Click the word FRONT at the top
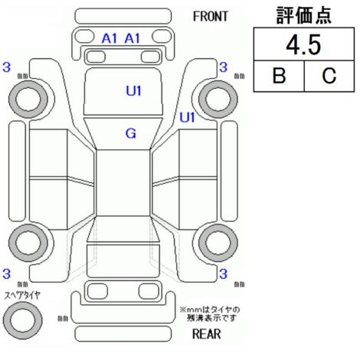(x=210, y=17)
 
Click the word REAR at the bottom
(x=207, y=334)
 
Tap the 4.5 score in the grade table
(x=303, y=45)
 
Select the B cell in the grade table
(x=279, y=75)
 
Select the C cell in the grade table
(x=329, y=75)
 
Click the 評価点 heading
(x=304, y=15)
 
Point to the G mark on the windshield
(x=131, y=133)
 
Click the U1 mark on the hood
(x=133, y=91)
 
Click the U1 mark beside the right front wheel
(x=187, y=117)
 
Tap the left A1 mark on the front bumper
(x=109, y=38)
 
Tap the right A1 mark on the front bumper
(x=133, y=38)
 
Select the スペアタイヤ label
(x=22, y=295)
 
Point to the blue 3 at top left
(x=7, y=67)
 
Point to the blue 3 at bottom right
(x=223, y=273)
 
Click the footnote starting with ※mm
(x=210, y=314)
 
